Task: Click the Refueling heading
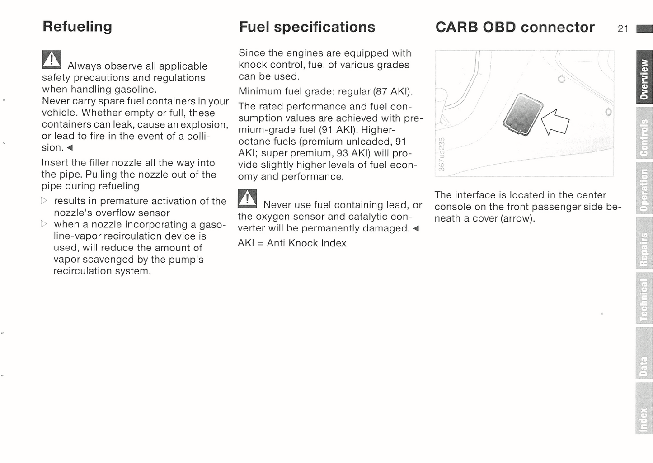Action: pos(77,27)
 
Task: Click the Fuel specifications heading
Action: pos(307,28)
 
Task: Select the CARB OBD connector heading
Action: pos(515,27)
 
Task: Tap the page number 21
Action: pos(623,29)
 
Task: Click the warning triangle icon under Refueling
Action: pos(52,60)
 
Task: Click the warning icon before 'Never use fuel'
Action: pos(247,198)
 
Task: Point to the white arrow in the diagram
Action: pos(555,123)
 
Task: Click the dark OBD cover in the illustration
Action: pos(523,114)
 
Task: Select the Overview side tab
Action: pos(644,77)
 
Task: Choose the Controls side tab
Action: pos(644,133)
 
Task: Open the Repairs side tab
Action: pos(644,243)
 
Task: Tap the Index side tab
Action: pos(644,408)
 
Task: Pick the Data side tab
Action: pos(644,353)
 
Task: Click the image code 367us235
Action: pos(442,154)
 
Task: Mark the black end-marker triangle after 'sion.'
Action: pos(70,148)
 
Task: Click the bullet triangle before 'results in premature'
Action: pos(44,200)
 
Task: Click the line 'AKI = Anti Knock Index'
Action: pos(292,243)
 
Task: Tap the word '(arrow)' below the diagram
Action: pos(517,218)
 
